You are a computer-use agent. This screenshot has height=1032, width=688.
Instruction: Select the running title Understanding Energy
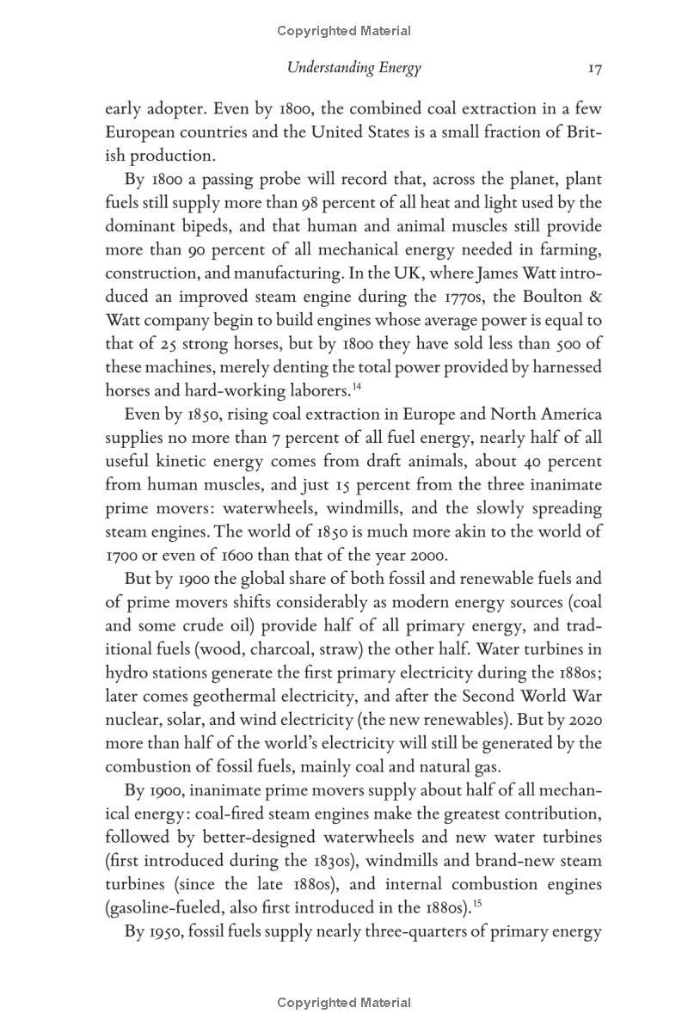353,68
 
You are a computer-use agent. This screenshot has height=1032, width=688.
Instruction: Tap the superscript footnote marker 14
355,384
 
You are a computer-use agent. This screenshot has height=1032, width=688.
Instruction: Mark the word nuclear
132,719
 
